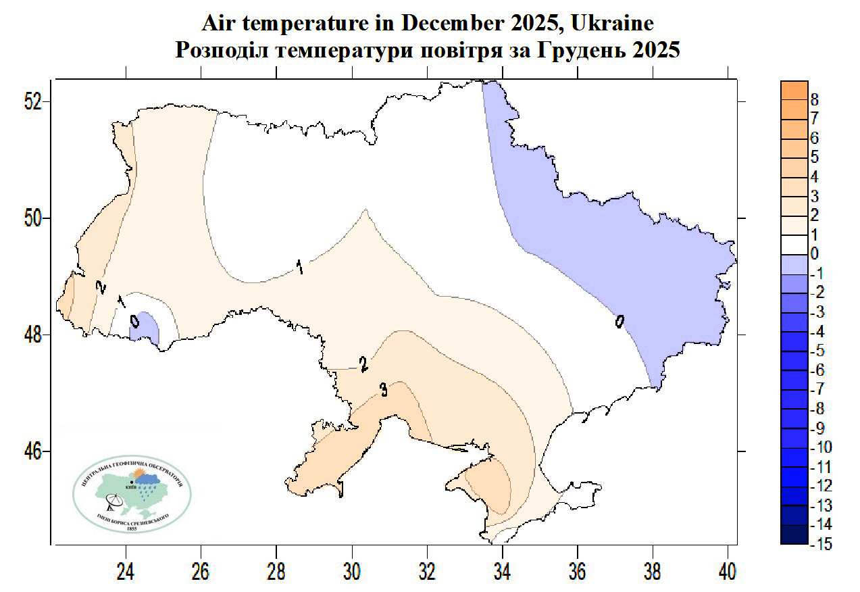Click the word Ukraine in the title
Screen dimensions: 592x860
(612, 23)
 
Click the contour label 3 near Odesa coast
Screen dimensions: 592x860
(383, 390)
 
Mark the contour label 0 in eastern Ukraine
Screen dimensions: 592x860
(619, 322)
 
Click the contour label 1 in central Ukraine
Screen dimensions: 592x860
(298, 267)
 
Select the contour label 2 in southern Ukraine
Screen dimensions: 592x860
(363, 366)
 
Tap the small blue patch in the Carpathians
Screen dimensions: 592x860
(144, 328)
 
